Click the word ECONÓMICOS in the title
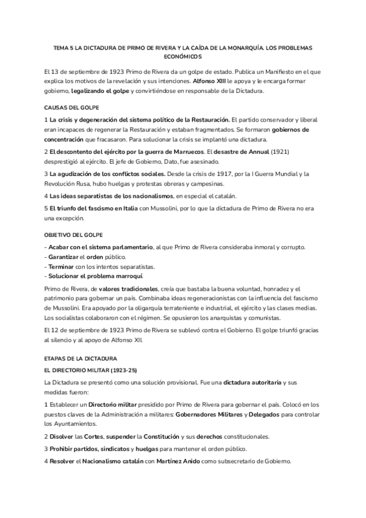183,56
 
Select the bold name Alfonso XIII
211,81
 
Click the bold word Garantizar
62,257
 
